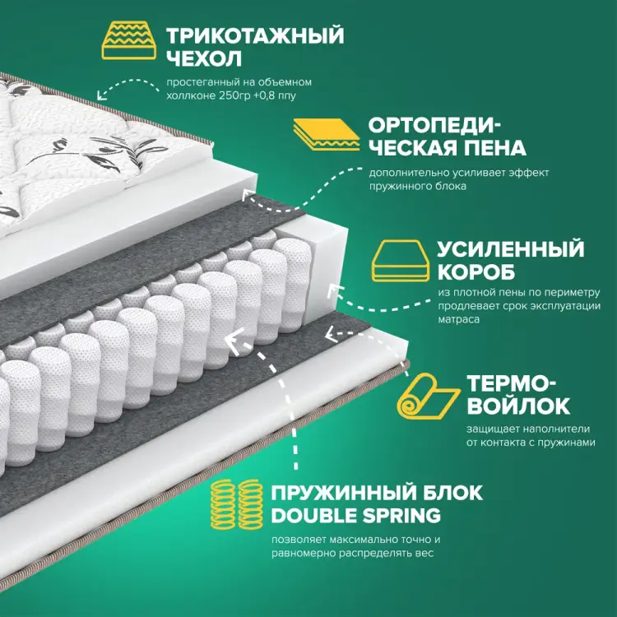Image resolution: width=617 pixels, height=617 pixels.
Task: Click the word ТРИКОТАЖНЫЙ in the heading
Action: [255, 35]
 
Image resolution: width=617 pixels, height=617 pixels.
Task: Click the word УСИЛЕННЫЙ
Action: [510, 249]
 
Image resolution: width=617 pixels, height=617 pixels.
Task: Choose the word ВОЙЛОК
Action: [517, 406]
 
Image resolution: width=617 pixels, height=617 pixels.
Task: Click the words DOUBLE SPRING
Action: [355, 516]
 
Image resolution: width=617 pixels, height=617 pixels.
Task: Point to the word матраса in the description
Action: [458, 319]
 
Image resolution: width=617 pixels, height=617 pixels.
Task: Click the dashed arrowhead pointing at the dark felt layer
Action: [329, 334]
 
